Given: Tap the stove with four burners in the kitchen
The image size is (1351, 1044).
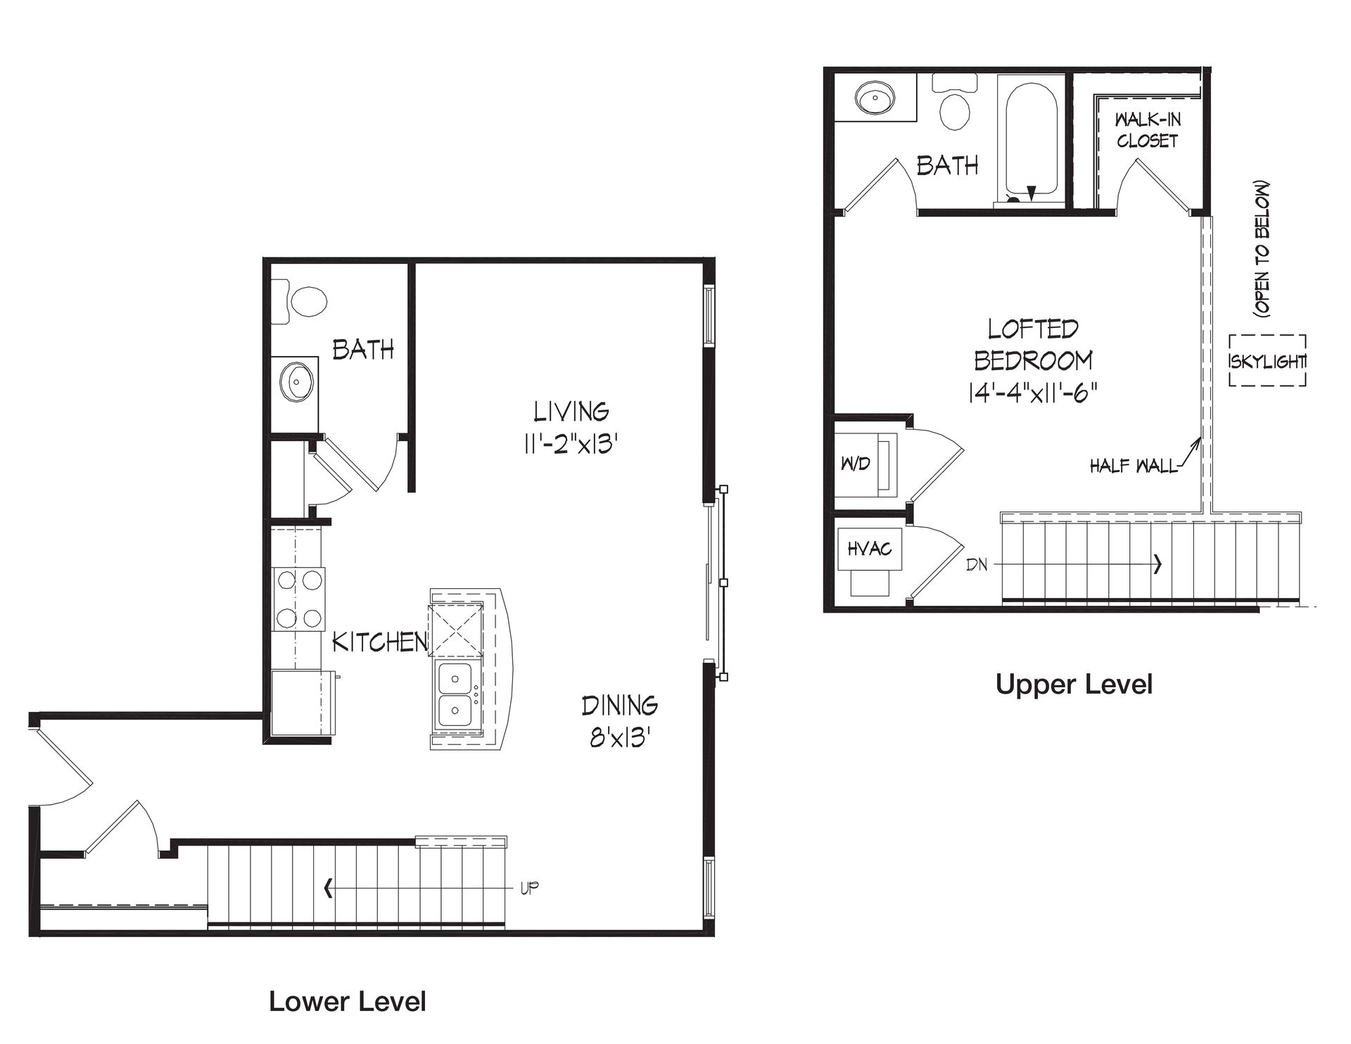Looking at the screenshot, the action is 298,598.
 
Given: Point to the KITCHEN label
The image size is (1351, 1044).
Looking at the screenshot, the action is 380,642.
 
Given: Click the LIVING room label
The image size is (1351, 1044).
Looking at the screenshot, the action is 571,411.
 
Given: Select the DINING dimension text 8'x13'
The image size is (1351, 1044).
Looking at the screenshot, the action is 619,738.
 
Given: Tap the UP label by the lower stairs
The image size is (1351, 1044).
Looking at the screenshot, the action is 530,888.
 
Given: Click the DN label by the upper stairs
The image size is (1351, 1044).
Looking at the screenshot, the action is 977,564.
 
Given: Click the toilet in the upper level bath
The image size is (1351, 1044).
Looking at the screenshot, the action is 954,102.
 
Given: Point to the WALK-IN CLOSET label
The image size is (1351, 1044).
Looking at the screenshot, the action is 1148,130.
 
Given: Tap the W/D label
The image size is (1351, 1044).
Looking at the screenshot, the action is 856,464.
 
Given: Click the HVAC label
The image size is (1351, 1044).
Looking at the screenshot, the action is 870,548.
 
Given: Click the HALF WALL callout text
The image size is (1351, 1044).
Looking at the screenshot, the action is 1134,466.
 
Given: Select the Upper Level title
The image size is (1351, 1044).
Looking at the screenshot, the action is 1074,685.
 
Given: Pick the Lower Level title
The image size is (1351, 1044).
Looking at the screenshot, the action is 348,1001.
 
